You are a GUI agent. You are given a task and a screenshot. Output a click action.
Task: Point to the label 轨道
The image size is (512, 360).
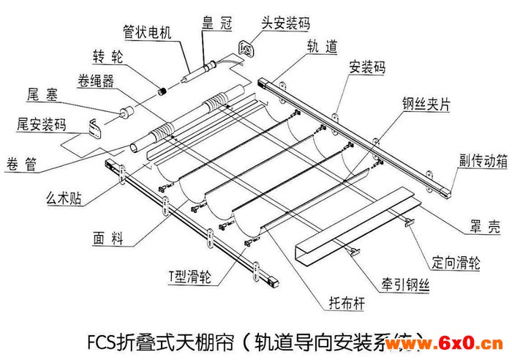coord(322,47)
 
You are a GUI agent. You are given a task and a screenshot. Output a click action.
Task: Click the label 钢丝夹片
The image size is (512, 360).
coord(425,102)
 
